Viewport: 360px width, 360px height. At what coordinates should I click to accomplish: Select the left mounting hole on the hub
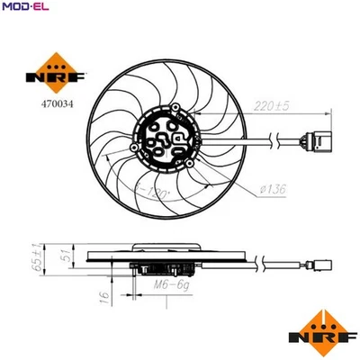click(136, 148)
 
